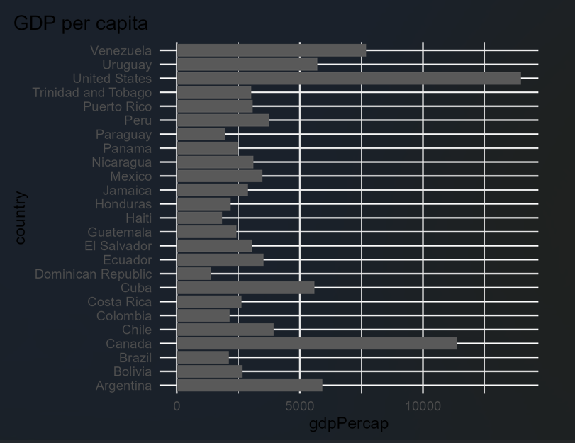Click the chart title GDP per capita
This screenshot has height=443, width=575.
(81, 23)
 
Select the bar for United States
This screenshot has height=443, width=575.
(348, 79)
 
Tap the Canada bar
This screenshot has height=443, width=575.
(316, 344)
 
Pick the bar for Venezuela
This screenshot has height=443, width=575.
(271, 50)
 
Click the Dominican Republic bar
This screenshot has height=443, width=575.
(194, 274)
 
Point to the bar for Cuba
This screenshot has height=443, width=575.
(245, 288)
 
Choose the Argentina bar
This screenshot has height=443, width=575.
(249, 386)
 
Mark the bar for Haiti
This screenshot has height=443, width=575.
(199, 218)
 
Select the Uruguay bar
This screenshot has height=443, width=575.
(247, 65)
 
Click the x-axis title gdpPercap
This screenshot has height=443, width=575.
(348, 424)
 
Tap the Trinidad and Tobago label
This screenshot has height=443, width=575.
(91, 92)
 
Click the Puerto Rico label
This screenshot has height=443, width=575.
(117, 106)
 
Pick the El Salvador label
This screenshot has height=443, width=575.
(118, 246)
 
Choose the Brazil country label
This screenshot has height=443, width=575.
(135, 358)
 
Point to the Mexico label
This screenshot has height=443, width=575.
(130, 176)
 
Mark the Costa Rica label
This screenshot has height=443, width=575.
(119, 302)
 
